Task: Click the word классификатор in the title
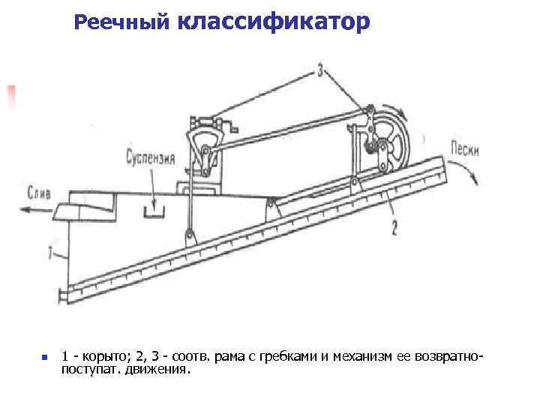(274, 22)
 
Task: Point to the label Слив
(39, 192)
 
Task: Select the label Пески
(466, 148)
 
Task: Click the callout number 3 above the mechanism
(320, 71)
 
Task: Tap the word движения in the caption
(161, 369)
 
